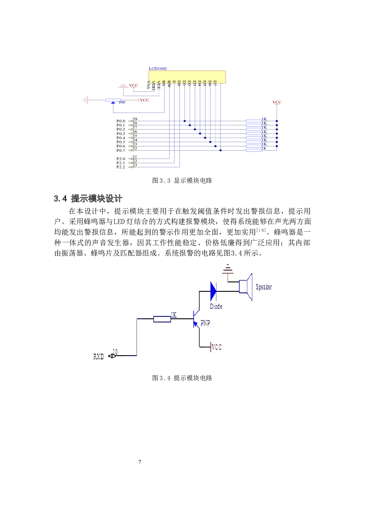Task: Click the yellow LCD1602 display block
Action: click(187, 77)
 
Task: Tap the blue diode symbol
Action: click(214, 291)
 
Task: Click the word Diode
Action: click(216, 307)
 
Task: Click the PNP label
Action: click(205, 323)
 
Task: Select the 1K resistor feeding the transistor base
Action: click(162, 319)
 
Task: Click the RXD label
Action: click(99, 357)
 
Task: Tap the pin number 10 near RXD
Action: click(115, 352)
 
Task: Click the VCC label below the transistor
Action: click(217, 347)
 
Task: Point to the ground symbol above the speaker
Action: click(228, 269)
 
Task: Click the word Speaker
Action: click(264, 287)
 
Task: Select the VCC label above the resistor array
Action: click(277, 102)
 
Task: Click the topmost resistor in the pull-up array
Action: click(254, 121)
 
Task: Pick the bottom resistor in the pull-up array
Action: click(254, 151)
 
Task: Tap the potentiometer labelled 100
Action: click(113, 101)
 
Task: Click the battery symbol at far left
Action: click(85, 100)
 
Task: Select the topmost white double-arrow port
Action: click(132, 121)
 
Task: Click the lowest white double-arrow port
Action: click(132, 167)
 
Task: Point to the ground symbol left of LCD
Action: click(123, 86)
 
